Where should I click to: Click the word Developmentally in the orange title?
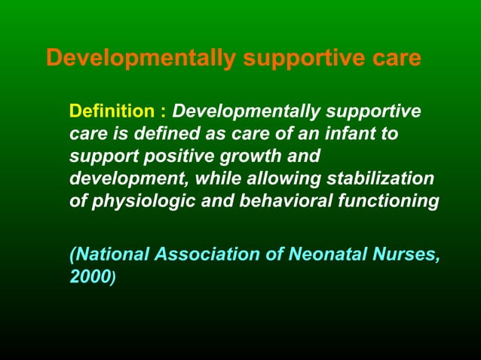[x=140, y=59]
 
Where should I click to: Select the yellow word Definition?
[x=111, y=112]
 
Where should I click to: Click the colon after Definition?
[x=163, y=112]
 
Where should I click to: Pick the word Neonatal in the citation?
[x=329, y=255]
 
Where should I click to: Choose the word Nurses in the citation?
[x=406, y=255]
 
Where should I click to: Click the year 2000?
[x=90, y=276]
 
